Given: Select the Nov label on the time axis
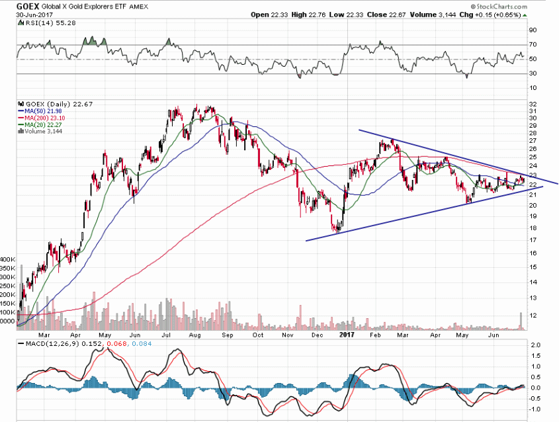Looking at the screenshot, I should click(x=287, y=335).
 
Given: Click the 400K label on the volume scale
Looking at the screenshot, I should click(x=8, y=260).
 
